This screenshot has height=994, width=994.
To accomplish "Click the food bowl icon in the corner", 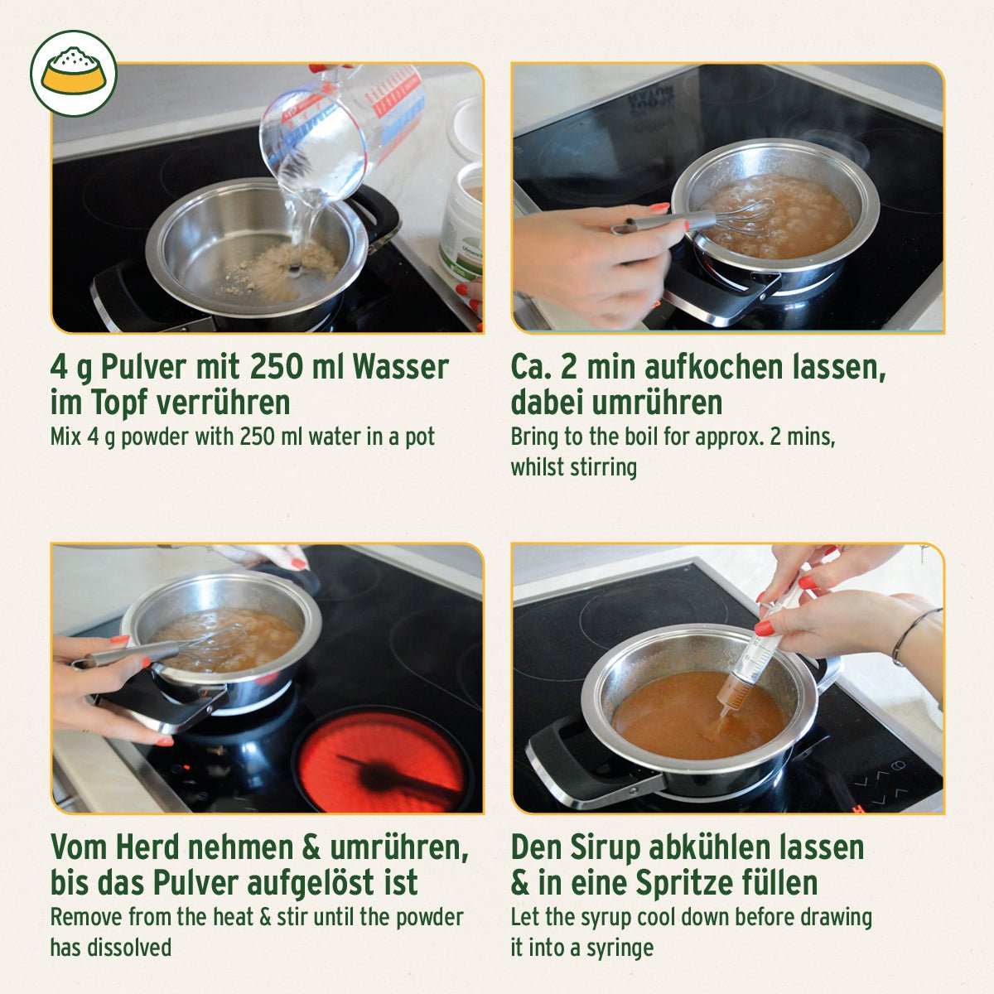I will click(x=74, y=74).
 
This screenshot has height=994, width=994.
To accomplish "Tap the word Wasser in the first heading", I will click(x=401, y=367).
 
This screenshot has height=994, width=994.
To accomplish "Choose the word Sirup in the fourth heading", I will click(x=605, y=847).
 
